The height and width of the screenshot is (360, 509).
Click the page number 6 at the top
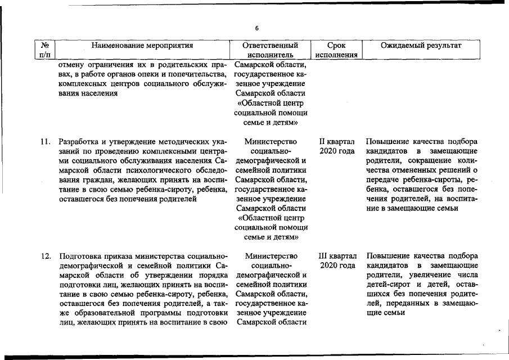(x=256, y=28)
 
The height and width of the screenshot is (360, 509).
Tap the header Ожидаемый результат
(x=421, y=46)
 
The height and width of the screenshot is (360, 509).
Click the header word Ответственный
(x=271, y=46)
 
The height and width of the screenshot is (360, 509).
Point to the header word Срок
(x=336, y=46)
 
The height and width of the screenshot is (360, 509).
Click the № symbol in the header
(x=44, y=46)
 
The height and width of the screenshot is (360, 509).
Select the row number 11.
(x=46, y=141)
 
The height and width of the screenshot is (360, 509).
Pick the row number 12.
(x=46, y=256)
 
